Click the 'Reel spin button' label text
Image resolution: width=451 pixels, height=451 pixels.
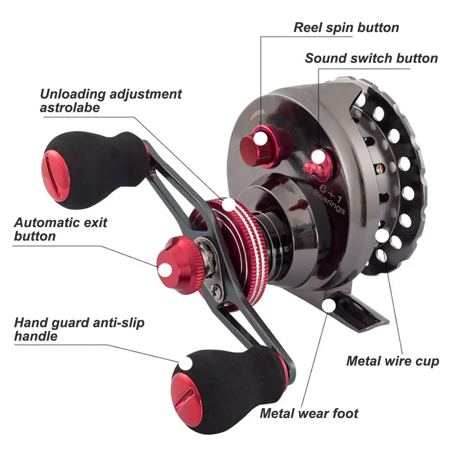[x=346, y=27]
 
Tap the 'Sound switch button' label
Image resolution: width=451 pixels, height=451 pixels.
[x=371, y=58]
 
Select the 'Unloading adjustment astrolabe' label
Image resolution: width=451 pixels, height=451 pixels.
[x=111, y=100]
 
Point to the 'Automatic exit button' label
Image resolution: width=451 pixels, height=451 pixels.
[x=61, y=229]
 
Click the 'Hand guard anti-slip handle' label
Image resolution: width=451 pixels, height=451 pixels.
[x=79, y=329]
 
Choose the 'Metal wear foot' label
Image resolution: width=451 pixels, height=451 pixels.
[x=309, y=413]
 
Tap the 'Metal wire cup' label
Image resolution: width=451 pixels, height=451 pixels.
[x=392, y=361]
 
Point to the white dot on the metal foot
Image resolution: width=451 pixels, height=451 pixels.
[x=330, y=306]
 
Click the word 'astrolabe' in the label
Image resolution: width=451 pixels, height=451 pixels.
[x=70, y=108]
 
